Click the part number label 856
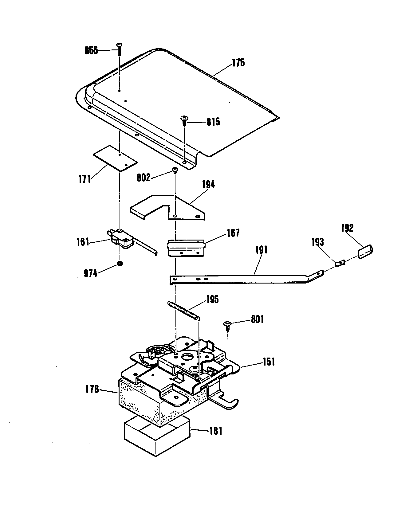(x=91, y=50)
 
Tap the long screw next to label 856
(x=119, y=50)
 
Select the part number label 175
(x=238, y=63)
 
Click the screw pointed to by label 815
(x=184, y=121)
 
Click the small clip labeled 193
(x=340, y=263)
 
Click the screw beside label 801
(x=228, y=326)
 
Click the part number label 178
(x=92, y=389)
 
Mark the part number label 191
(x=261, y=250)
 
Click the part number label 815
(x=213, y=122)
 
